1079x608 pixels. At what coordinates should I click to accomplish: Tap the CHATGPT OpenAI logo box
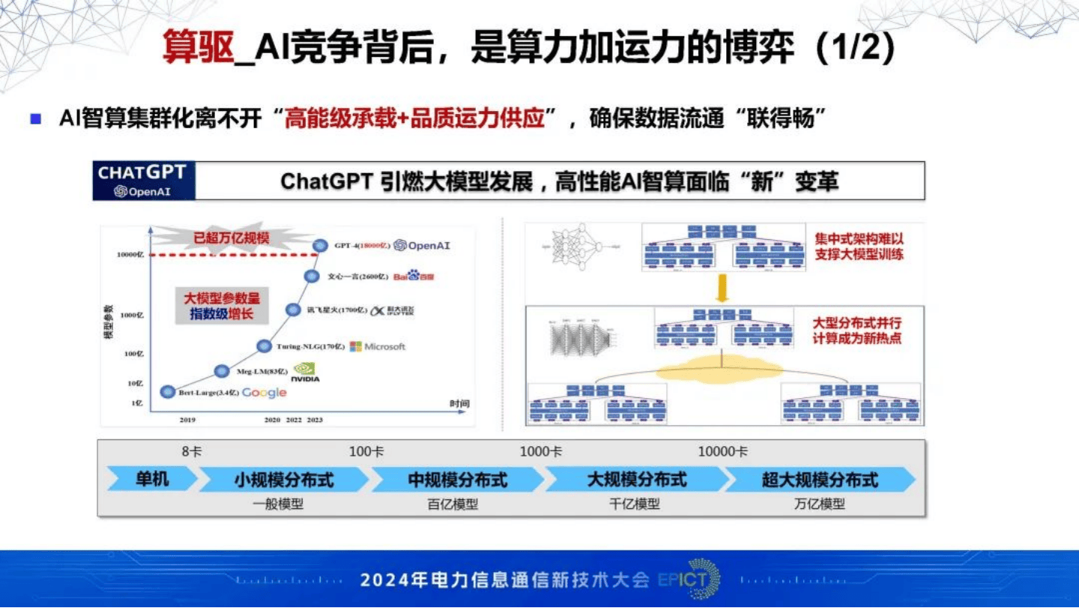143,181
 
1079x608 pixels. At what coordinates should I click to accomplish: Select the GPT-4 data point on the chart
321,245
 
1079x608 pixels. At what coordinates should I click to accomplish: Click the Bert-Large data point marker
168,392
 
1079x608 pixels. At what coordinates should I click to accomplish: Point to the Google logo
264,393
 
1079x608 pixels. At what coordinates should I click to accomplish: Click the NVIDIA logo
305,373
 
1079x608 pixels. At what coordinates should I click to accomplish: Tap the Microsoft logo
378,346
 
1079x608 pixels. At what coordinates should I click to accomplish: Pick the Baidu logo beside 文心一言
414,277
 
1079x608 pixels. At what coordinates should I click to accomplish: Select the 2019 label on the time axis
187,420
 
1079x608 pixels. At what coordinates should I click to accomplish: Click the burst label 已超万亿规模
232,239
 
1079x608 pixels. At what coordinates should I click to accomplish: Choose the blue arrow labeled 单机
152,479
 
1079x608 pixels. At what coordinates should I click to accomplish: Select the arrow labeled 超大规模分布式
820,480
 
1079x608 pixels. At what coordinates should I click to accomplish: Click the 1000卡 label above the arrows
541,451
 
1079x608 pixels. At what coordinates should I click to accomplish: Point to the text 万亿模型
819,504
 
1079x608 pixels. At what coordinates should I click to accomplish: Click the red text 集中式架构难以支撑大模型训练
859,247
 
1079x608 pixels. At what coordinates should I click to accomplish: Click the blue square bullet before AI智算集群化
35,118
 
